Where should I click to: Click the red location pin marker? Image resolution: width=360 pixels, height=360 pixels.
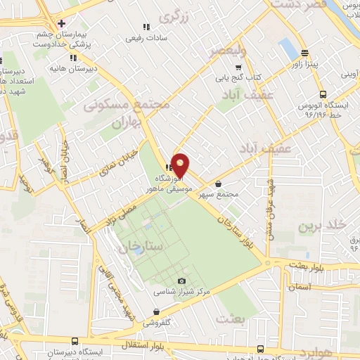click(x=181, y=165)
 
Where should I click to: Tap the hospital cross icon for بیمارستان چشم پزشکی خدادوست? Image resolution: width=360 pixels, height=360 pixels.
click(x=62, y=22)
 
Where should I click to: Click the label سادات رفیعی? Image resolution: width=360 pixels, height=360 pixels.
click(x=146, y=39)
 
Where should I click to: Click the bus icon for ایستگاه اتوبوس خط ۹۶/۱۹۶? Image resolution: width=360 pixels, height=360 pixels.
click(x=323, y=94)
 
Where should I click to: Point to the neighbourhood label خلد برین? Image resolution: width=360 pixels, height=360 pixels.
click(x=323, y=226)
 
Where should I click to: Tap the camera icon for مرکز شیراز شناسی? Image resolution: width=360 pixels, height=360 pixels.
click(x=182, y=281)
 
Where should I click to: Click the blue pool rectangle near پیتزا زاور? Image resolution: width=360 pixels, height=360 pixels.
click(x=288, y=49)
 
